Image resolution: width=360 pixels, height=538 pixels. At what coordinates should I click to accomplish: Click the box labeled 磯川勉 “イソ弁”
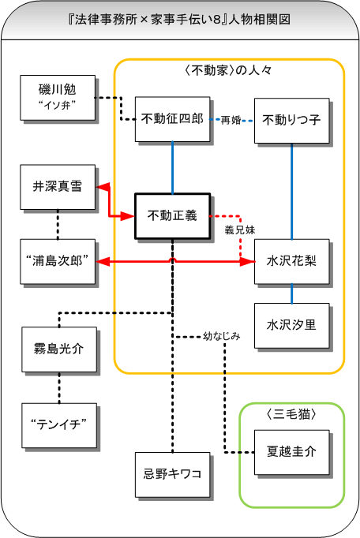(58, 98)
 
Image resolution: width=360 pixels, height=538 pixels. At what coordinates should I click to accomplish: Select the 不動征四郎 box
(172, 119)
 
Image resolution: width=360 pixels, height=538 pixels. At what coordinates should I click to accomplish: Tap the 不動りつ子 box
(291, 121)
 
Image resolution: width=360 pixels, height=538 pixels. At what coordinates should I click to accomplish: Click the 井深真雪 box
(58, 187)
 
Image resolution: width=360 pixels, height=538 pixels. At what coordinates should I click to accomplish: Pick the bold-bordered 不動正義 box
(172, 216)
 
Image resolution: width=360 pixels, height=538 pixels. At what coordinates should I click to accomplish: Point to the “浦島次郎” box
(58, 261)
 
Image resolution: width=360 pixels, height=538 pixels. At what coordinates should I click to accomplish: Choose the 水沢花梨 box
(291, 261)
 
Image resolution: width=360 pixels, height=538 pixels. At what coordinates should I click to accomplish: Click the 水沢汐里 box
(291, 326)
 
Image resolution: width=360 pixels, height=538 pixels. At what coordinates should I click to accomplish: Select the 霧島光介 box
(59, 349)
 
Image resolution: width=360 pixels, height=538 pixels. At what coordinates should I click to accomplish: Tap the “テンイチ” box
(59, 425)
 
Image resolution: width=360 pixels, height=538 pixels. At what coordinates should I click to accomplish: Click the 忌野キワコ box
(172, 475)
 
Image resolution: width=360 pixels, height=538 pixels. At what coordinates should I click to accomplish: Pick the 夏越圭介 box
(291, 452)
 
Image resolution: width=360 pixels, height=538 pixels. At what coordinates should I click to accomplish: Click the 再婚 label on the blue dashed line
(231, 120)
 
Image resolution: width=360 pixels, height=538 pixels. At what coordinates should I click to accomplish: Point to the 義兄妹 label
(240, 230)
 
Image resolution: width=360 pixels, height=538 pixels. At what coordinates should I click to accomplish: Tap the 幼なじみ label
(221, 336)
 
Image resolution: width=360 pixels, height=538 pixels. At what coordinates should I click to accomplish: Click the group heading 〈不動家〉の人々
(228, 71)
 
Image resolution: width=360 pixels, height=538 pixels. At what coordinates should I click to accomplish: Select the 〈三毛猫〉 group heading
(291, 414)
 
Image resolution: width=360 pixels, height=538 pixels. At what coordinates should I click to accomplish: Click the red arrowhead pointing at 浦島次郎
(103, 262)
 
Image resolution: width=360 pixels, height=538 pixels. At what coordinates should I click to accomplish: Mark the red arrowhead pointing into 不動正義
(127, 216)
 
